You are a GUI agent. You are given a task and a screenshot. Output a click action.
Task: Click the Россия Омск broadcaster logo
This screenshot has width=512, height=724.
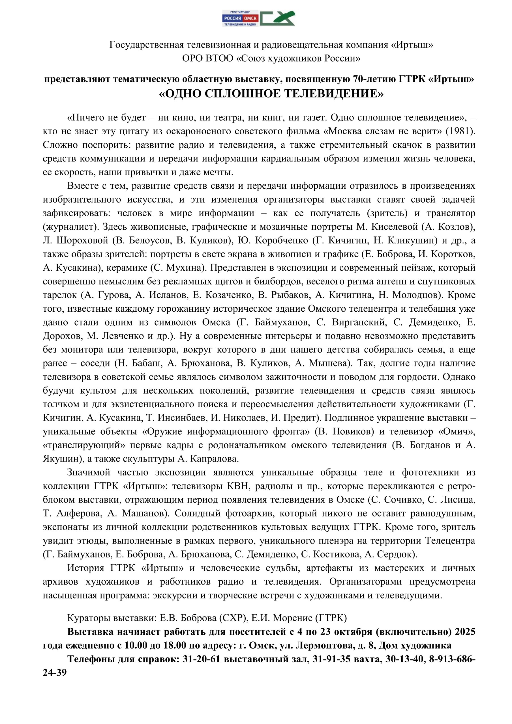click(x=240, y=18)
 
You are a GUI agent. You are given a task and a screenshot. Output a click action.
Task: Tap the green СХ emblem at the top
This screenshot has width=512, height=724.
click(x=277, y=18)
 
